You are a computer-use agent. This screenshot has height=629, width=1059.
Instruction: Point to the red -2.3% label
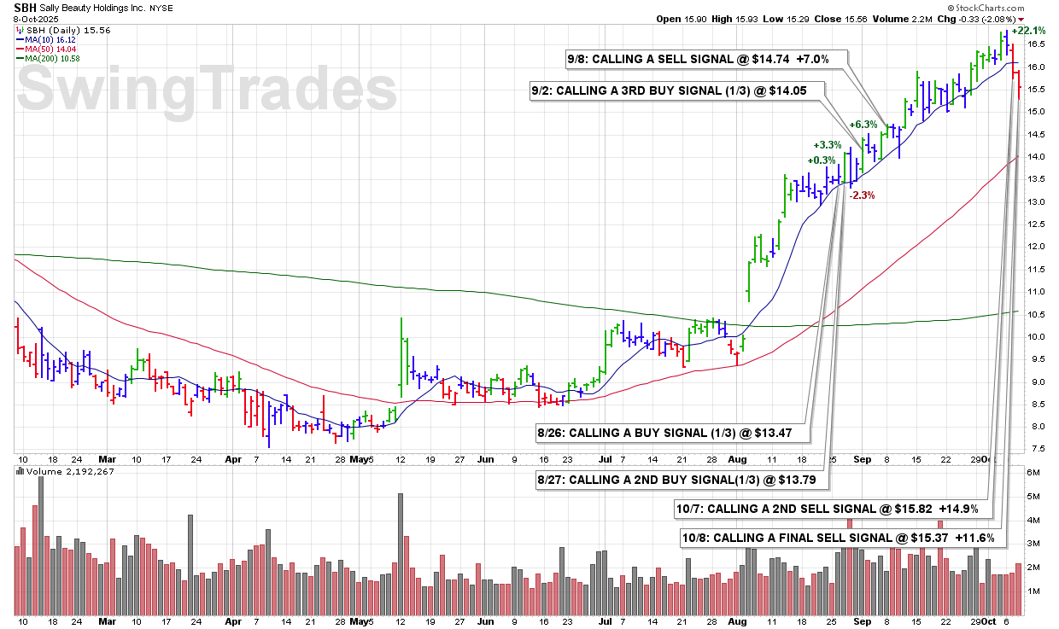tap(862, 195)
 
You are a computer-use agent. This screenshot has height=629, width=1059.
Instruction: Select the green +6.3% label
tap(863, 125)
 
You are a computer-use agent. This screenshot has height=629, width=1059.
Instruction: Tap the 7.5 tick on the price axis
tap(1036, 449)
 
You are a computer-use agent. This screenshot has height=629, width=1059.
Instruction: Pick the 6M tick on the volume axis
tap(1033, 473)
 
